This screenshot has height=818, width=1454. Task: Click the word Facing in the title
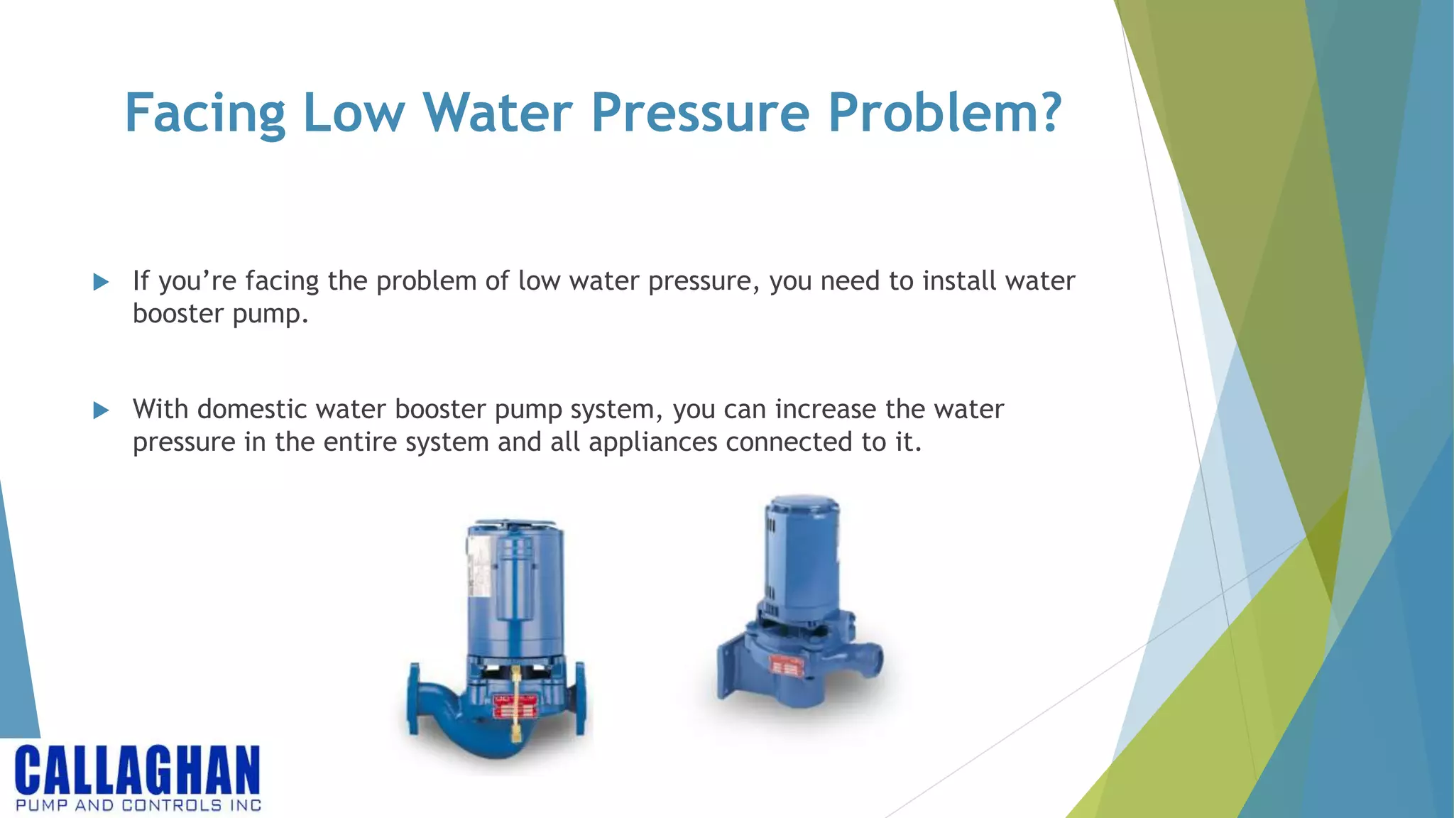(204, 114)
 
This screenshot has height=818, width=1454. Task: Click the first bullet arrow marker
(101, 282)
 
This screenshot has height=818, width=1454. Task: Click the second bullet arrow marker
(101, 410)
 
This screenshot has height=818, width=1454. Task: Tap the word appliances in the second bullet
(653, 442)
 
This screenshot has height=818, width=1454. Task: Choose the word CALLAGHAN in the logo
(138, 770)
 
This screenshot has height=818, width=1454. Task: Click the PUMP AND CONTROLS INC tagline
(138, 805)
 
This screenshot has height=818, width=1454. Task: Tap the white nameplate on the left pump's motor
(479, 568)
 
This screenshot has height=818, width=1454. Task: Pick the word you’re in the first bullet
(197, 282)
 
